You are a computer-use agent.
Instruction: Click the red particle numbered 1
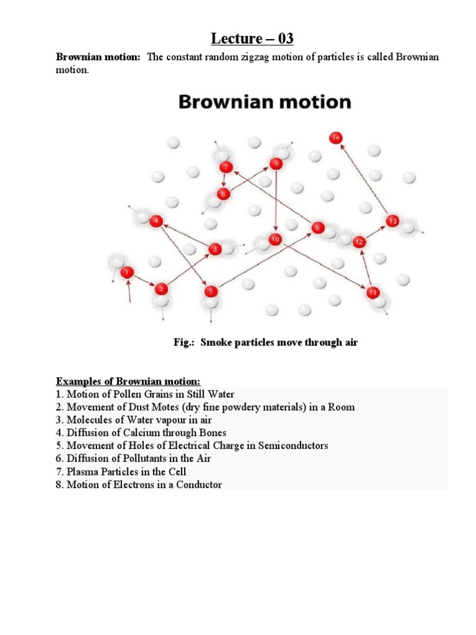(127, 272)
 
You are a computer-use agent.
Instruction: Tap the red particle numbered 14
(336, 138)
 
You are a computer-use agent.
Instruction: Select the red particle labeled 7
(226, 167)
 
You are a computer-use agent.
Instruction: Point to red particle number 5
(211, 291)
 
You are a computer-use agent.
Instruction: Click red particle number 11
(372, 292)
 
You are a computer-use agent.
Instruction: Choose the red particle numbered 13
(392, 221)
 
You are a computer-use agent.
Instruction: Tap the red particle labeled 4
(156, 221)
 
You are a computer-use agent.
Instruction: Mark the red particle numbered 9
(276, 164)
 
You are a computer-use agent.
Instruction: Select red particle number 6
(317, 228)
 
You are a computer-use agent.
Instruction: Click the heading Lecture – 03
(252, 39)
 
